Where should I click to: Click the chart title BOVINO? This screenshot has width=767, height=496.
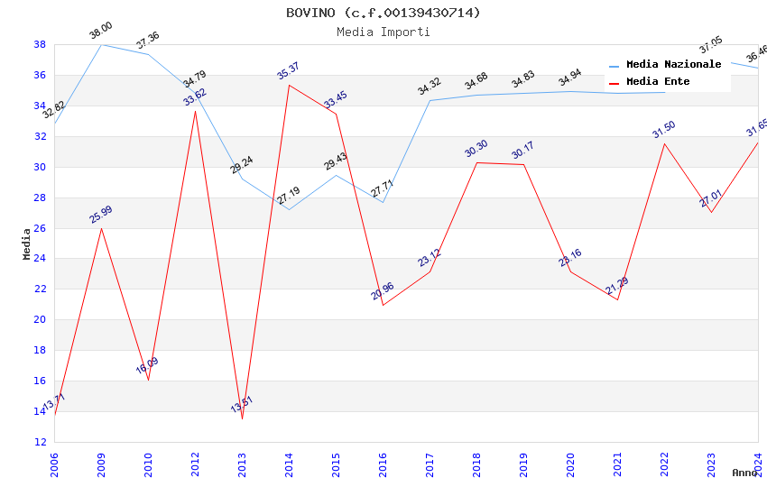click(383, 13)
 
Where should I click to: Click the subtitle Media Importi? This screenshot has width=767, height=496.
click(383, 32)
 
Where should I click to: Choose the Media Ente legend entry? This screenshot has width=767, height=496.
click(658, 82)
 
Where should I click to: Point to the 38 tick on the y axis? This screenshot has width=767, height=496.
click(40, 44)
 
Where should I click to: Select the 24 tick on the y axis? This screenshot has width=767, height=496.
click(40, 259)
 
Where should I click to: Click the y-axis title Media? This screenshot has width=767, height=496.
click(27, 243)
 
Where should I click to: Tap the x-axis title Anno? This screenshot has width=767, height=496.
click(744, 473)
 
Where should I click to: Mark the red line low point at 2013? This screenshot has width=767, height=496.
click(242, 418)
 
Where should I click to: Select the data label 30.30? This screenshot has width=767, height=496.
click(476, 149)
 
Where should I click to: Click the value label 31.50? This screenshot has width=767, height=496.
click(663, 130)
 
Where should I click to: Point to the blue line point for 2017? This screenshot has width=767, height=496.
click(430, 100)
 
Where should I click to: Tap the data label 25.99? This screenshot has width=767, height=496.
click(100, 214)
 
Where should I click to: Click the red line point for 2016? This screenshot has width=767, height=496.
click(383, 305)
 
